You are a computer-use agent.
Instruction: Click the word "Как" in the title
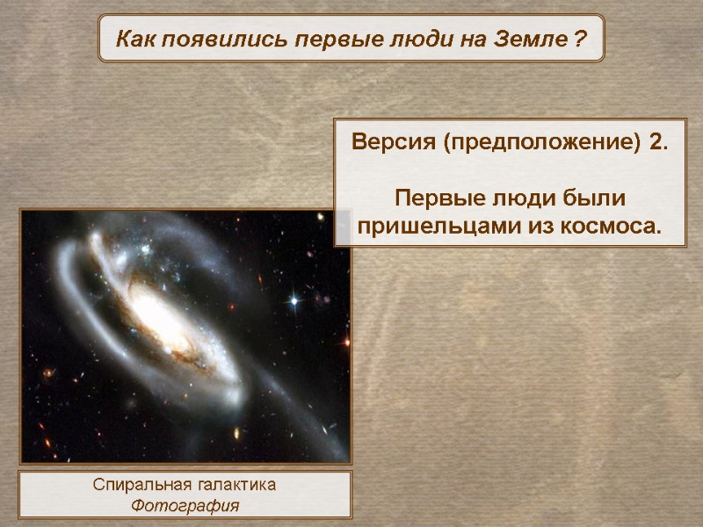(x=134, y=40)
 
